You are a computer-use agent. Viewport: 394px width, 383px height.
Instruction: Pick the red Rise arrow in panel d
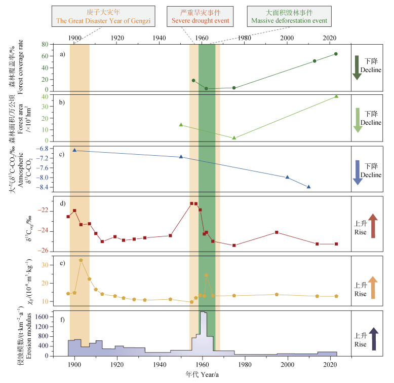coord(373,226)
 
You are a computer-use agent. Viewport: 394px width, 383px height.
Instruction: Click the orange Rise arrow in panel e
coord(373,288)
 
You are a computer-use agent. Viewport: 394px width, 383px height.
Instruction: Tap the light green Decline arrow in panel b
coord(358,120)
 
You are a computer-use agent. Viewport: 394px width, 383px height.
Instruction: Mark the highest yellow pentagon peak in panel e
coord(81,260)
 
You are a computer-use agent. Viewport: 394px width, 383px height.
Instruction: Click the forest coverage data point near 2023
coord(336,54)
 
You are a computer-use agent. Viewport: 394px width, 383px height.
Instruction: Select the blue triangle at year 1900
coord(75,150)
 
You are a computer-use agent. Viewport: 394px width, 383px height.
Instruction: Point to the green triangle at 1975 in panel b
coord(234,137)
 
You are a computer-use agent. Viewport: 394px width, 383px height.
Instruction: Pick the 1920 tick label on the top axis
coord(117,38)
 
